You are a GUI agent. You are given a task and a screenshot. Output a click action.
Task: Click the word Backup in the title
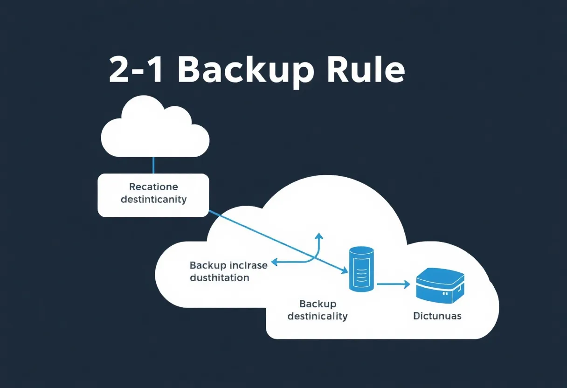click(244, 71)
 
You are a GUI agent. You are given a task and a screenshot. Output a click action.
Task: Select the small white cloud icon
click(155, 128)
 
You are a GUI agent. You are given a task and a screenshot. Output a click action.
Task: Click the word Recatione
click(153, 187)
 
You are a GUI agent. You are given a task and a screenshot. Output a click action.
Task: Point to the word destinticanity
click(153, 200)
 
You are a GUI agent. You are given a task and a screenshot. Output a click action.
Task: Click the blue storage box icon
click(440, 285)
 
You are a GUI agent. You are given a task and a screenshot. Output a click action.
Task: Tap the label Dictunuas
click(437, 316)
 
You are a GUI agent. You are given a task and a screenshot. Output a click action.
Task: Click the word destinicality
click(318, 316)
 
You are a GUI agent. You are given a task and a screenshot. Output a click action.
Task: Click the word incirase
click(249, 265)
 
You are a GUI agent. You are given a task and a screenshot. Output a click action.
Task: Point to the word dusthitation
click(219, 278)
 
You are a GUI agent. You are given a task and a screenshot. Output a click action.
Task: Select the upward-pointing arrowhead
click(319, 236)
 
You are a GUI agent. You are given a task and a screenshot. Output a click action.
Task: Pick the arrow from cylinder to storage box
click(393, 283)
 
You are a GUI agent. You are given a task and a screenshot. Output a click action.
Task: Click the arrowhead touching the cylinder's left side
click(346, 270)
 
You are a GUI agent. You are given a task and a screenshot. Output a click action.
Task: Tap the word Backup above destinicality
click(318, 304)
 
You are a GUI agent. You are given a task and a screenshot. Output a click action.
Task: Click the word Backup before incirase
click(208, 265)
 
